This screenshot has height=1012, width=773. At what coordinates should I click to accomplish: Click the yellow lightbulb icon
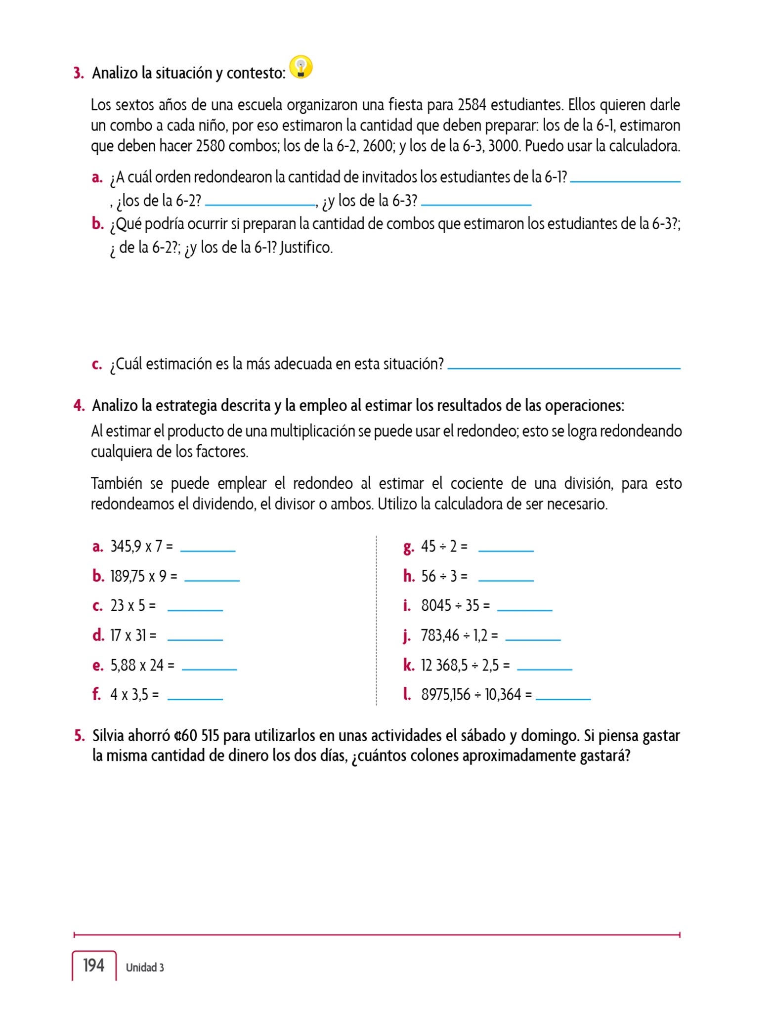tap(301, 67)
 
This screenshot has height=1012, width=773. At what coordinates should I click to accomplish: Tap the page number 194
tap(93, 966)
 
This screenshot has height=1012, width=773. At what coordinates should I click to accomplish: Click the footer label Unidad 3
tap(145, 968)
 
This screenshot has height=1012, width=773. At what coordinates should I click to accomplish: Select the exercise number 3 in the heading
tap(79, 73)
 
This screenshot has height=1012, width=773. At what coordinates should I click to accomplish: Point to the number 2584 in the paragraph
tap(472, 105)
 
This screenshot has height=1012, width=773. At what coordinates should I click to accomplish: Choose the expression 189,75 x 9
tap(143, 576)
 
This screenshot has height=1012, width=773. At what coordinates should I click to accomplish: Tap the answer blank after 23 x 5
tap(195, 609)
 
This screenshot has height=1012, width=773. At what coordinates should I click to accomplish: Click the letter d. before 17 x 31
tap(98, 635)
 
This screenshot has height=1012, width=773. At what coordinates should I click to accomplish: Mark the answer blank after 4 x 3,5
tap(195, 698)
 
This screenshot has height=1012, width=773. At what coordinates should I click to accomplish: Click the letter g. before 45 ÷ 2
tap(408, 547)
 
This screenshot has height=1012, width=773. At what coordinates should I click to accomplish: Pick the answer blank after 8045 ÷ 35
tap(524, 609)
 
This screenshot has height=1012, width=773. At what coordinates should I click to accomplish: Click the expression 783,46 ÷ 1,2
tap(459, 635)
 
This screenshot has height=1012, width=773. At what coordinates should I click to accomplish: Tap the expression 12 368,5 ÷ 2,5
tap(465, 665)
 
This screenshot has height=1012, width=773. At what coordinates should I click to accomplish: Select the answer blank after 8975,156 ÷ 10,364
tap(563, 698)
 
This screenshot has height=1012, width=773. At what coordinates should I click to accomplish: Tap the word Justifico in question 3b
tap(306, 247)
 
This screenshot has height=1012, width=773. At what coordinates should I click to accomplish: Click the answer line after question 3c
tap(563, 367)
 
